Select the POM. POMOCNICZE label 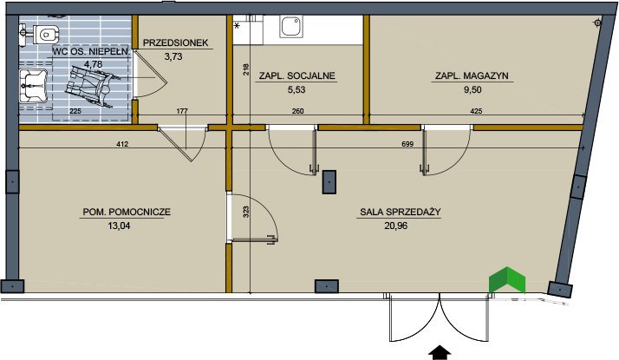pos(126,212)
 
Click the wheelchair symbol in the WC pos(91,88)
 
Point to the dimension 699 pos(407,144)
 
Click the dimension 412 pos(121,144)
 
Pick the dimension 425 pos(476,112)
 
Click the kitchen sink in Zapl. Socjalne pos(291,27)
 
